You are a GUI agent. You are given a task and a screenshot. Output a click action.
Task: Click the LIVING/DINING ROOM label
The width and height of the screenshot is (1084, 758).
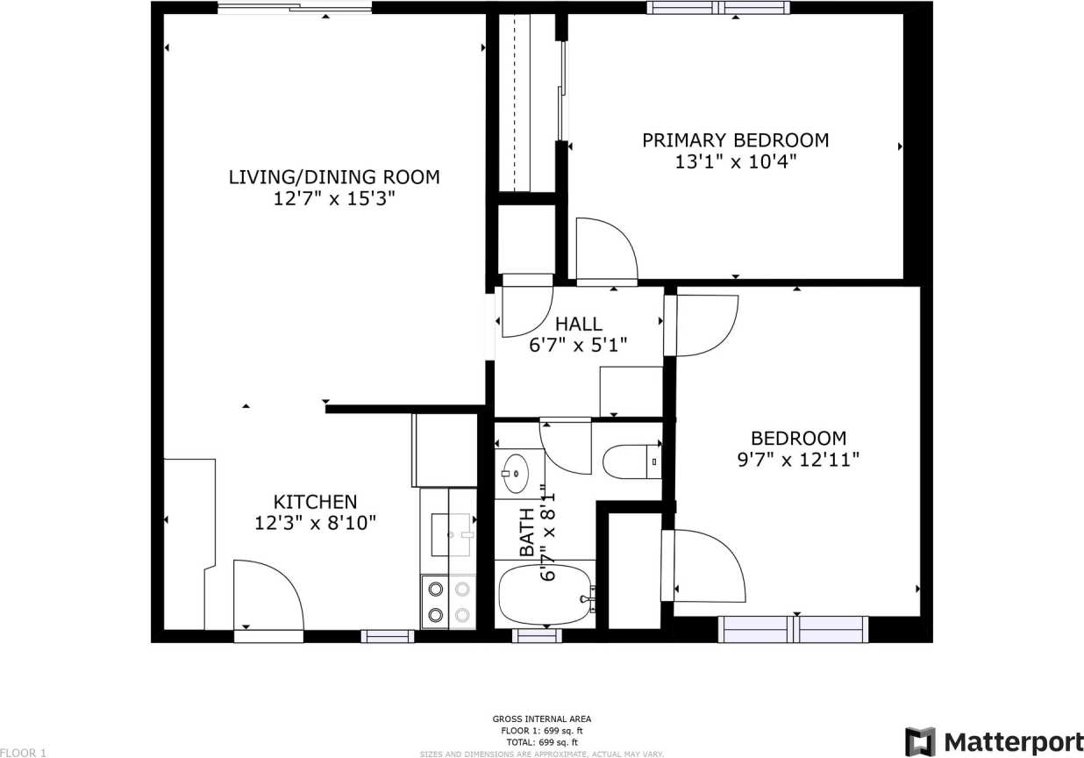click(x=334, y=177)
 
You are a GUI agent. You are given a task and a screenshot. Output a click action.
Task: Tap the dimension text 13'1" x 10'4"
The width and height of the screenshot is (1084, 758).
click(x=737, y=162)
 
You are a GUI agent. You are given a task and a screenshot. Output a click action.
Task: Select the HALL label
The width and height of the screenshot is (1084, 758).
click(x=579, y=325)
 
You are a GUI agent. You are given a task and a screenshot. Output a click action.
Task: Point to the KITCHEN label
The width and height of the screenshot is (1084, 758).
click(x=316, y=502)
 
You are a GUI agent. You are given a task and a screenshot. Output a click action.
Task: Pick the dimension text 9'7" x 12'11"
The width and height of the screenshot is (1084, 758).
click(x=798, y=460)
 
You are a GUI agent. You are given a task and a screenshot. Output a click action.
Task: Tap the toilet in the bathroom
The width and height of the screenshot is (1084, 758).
click(x=631, y=461)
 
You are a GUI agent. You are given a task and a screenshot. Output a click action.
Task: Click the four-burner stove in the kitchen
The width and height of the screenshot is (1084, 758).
click(x=447, y=602)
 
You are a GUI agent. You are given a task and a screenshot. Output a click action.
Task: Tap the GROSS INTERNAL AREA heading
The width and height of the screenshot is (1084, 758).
click(x=541, y=719)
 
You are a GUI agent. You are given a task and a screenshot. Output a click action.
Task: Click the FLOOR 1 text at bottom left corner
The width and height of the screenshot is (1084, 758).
click(x=24, y=752)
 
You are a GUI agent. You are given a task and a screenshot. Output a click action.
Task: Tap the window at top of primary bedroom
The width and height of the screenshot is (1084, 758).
click(x=718, y=8)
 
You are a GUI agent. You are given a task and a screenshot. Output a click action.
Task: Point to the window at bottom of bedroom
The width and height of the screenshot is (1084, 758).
click(x=793, y=629)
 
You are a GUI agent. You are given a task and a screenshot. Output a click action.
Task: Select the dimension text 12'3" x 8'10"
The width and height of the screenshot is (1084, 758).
click(x=316, y=524)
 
